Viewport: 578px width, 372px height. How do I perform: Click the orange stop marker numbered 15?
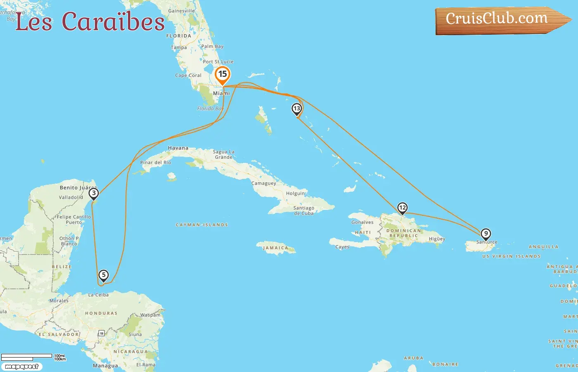pos(223,75)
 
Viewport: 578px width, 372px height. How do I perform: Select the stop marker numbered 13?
pos(296,109)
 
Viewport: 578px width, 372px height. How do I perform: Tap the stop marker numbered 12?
pos(402,208)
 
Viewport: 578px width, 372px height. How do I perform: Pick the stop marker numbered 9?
pos(486,234)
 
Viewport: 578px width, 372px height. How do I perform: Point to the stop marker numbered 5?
pos(103,275)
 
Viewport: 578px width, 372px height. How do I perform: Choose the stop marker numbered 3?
pos(94,193)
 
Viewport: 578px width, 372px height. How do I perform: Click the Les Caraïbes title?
pos(90,22)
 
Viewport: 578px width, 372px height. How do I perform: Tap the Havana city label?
pos(178,148)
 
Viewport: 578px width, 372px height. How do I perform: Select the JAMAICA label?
pos(275,248)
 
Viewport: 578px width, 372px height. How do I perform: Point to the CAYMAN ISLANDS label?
pos(202,225)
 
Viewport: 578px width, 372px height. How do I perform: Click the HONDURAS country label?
pos(101,313)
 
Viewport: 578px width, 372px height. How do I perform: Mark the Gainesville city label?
pos(181,11)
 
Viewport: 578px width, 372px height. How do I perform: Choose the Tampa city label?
pos(179,48)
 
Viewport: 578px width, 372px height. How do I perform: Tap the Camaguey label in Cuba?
pos(263,183)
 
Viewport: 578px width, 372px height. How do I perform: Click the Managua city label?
pos(105,366)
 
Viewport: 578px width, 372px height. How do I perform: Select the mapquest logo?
pos(21,367)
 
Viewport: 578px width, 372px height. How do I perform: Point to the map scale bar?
pos(27,356)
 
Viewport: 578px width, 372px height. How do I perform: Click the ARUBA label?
pos(413,358)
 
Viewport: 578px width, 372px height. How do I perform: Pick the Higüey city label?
pos(437,239)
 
